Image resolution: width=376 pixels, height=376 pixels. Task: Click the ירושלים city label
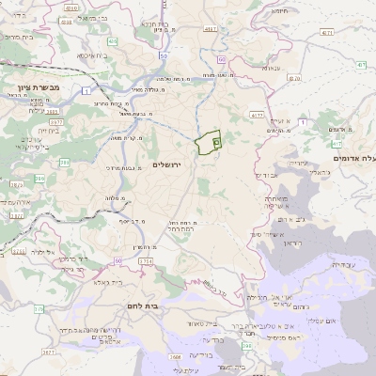tap(171, 164)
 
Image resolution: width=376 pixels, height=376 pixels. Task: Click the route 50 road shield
tap(163, 56)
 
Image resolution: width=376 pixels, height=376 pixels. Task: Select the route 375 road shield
tap(38, 308)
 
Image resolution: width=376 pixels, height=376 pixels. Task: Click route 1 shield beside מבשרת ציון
tap(86, 89)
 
